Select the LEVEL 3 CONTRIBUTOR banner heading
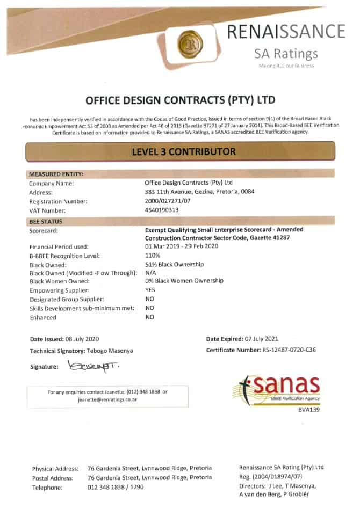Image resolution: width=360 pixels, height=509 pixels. (x=183, y=151)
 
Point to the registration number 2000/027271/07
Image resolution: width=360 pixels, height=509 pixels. (x=169, y=201)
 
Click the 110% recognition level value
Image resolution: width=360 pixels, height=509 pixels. (x=153, y=256)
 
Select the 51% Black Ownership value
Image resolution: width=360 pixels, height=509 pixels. (x=175, y=265)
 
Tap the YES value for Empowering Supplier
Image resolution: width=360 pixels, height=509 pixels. (x=151, y=290)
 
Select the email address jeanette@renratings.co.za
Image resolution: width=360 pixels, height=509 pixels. (x=107, y=400)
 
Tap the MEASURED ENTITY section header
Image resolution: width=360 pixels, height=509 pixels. (x=56, y=174)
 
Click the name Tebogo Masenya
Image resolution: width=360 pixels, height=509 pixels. (x=110, y=350)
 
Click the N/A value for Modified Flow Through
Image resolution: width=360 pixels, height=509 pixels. (x=150, y=273)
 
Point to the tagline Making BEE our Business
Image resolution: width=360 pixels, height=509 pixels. (x=286, y=66)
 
